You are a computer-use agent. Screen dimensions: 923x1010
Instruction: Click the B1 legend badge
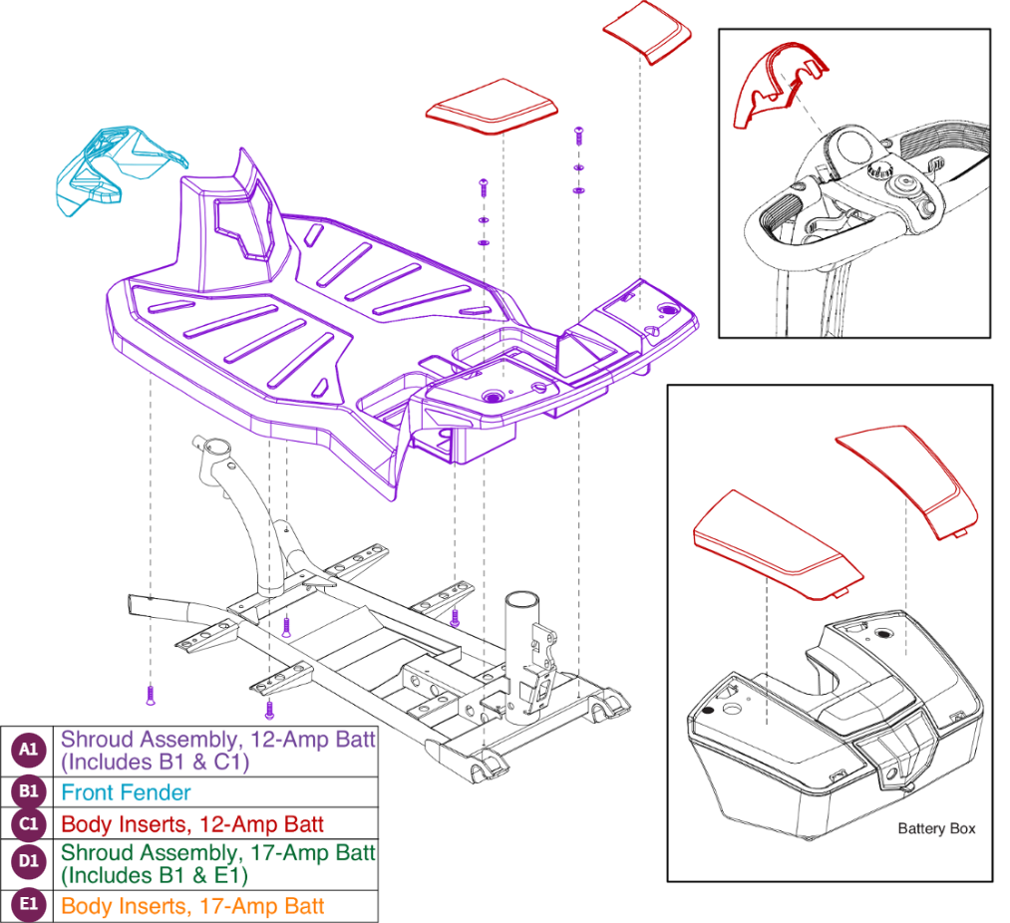[x=28, y=792]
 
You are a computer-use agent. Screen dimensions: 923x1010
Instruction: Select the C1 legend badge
[x=28, y=823]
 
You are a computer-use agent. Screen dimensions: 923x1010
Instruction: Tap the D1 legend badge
[x=28, y=864]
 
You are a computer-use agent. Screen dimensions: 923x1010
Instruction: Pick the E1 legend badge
[x=28, y=906]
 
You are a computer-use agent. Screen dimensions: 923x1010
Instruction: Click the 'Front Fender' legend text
[x=126, y=792]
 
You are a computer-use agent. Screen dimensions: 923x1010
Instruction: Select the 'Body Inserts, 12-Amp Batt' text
[x=192, y=823]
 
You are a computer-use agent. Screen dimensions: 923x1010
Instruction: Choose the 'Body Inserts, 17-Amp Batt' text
[x=192, y=906]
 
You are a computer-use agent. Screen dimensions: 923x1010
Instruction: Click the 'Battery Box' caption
[x=936, y=828]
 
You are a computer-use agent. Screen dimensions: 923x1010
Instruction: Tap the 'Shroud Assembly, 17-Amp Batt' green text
[x=217, y=852]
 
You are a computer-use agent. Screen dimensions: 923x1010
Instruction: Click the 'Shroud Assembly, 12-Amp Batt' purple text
[x=217, y=740]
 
